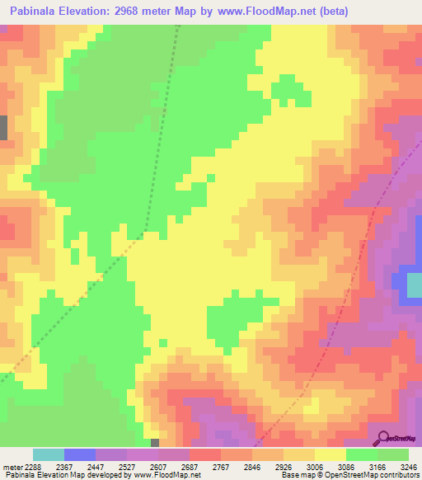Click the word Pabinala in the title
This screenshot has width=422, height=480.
(35, 12)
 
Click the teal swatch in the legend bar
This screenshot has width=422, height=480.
(49, 454)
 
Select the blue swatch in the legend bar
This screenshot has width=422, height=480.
(80, 454)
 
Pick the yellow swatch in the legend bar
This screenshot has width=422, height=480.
(331, 454)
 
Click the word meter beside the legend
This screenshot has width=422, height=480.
(10, 466)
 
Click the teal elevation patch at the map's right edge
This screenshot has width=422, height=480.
(414, 285)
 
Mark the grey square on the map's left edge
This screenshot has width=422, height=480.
(3, 128)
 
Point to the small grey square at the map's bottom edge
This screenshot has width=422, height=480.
(155, 443)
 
